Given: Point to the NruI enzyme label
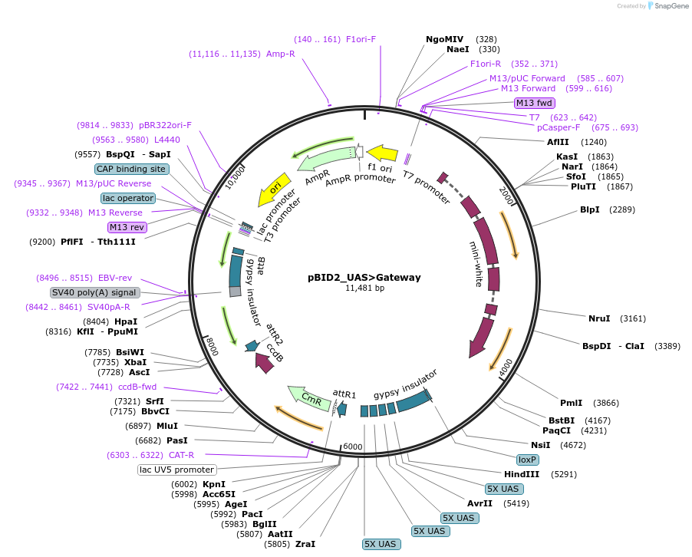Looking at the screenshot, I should (x=599, y=318).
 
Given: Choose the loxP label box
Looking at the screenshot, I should (x=527, y=460).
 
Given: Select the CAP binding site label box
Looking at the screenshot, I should (x=131, y=169).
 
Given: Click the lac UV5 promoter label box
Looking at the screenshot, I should (x=177, y=470).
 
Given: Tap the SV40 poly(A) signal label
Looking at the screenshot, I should (x=95, y=292).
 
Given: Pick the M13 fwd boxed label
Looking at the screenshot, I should (x=535, y=103).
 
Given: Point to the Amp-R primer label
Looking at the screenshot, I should (x=281, y=54).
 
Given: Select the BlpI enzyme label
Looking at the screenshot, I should (x=589, y=209).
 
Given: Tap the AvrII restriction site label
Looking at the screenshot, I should (x=479, y=503).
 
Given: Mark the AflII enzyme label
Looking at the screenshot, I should (x=558, y=142).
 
